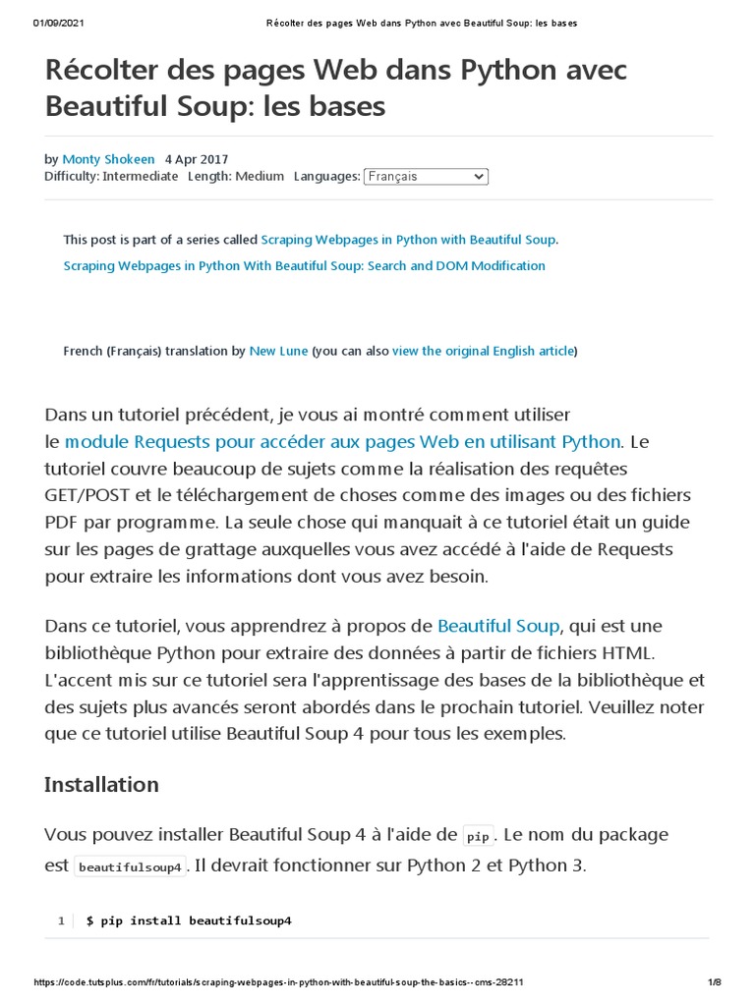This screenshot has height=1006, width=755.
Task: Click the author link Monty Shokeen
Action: coord(108,159)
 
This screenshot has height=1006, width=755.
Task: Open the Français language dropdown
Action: coord(426,177)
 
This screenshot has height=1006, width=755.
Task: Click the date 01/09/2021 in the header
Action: coord(56,23)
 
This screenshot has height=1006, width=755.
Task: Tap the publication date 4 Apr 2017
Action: coord(197,159)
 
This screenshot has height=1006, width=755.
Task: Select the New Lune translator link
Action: coord(278,351)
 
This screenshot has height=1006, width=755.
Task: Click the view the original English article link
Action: coord(483,351)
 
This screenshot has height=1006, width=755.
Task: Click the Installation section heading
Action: coord(101,784)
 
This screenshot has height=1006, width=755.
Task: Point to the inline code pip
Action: coord(478,836)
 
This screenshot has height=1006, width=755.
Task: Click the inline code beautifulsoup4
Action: coord(130,867)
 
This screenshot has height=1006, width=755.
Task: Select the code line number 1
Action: coord(61,922)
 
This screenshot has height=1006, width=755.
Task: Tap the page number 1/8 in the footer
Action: coord(715,982)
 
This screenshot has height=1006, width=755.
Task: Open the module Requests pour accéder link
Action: coord(342,441)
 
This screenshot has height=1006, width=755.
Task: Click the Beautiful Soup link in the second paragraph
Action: coord(498,626)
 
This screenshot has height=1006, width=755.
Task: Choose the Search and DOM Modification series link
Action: coord(304,266)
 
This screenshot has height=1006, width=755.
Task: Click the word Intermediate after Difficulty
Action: coord(141,177)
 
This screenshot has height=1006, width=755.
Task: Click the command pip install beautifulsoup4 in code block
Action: coord(189,922)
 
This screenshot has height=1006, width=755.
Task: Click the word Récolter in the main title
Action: coord(109,72)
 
